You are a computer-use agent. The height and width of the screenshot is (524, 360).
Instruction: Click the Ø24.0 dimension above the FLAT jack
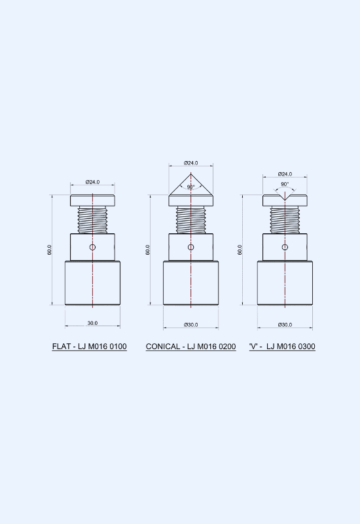tap(92, 182)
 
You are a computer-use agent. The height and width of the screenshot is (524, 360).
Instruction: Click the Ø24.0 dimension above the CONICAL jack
tap(190, 163)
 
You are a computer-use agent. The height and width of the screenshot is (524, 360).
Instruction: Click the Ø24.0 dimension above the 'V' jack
tap(285, 174)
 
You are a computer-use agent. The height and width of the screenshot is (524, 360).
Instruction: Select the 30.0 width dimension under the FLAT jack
tap(92, 323)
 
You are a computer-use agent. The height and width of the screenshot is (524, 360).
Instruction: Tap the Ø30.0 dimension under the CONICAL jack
tap(190, 325)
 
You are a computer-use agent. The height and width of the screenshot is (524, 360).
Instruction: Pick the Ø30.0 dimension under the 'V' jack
tap(285, 325)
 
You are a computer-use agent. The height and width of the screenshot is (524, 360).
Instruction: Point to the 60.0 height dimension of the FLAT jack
tap(50, 250)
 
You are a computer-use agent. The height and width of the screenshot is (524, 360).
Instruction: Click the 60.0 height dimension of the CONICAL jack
tap(148, 250)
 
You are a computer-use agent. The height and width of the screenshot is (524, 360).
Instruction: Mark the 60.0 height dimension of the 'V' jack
tap(240, 250)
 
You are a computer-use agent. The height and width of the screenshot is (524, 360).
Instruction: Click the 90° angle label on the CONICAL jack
tap(190, 187)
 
